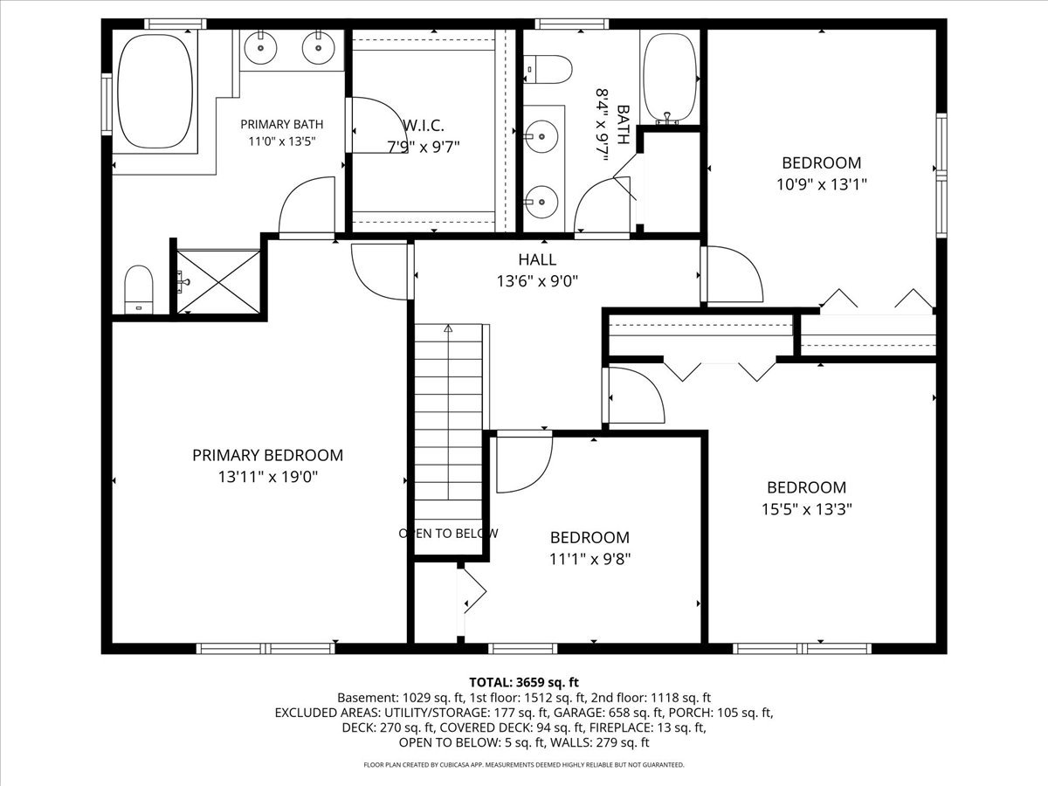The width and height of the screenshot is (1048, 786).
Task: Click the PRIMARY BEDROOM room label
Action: [x=267, y=455]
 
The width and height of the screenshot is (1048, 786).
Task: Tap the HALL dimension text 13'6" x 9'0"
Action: [x=537, y=281]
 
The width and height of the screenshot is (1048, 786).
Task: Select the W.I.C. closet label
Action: [x=424, y=126]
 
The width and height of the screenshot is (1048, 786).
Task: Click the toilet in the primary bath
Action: [x=139, y=290]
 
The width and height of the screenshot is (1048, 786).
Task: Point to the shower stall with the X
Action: [x=218, y=281]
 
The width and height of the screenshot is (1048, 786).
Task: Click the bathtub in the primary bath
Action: [x=155, y=91]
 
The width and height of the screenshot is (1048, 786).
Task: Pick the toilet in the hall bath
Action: [x=548, y=70]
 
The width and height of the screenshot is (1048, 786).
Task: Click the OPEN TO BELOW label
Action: [x=448, y=533]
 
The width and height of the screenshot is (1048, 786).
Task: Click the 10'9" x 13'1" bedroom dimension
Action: [x=821, y=184]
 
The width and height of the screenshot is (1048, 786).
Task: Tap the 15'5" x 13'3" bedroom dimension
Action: [x=806, y=509]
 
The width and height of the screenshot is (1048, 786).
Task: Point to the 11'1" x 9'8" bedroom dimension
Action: [x=590, y=558]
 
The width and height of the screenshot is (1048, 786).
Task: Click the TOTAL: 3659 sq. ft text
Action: [x=524, y=682]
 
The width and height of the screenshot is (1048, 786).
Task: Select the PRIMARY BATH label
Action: [x=282, y=124]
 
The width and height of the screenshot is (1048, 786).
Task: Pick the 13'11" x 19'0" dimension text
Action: [x=267, y=477]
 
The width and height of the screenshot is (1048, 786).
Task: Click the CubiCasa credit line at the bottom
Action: [x=524, y=764]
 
